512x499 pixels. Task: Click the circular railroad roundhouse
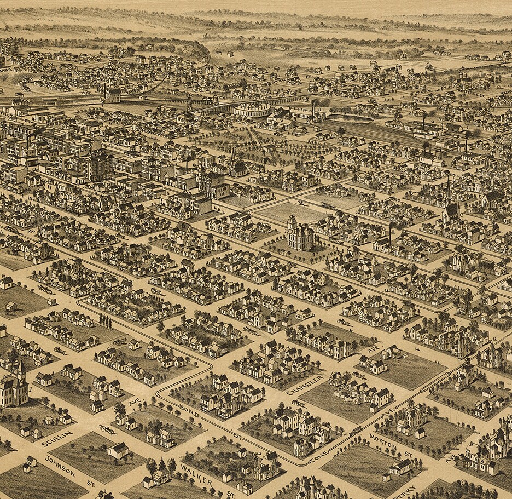[253, 110]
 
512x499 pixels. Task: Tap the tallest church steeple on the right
[448, 192]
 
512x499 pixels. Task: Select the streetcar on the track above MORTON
[356, 432]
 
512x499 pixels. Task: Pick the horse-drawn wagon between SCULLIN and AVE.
[106, 429]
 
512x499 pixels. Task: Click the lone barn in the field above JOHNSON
[118, 450]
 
